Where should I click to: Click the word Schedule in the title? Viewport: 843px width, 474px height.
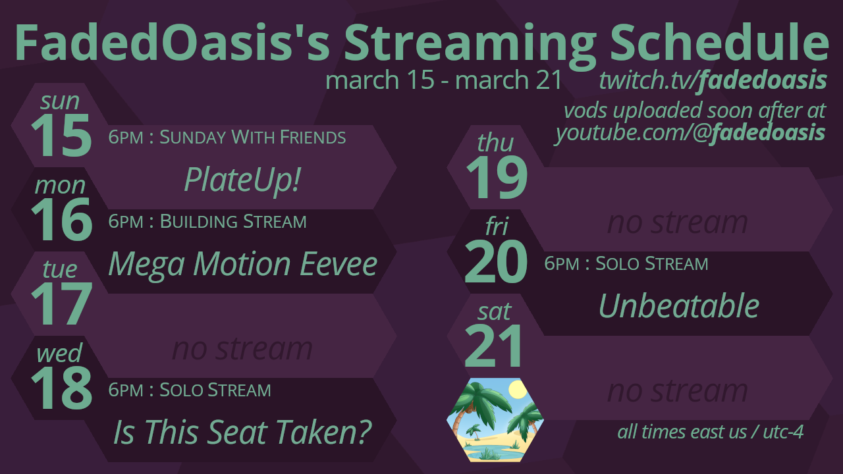coord(719,41)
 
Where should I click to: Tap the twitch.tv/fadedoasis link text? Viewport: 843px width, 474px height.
coord(713,80)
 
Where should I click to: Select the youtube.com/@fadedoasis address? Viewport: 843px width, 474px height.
coord(690,133)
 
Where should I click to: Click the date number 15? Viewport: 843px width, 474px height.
coord(61,136)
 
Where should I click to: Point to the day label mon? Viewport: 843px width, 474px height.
coord(60,185)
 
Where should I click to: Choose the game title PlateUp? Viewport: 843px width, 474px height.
coord(242,180)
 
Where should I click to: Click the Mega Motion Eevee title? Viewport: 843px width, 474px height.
coord(243,265)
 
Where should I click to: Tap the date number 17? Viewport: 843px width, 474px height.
coord(61,304)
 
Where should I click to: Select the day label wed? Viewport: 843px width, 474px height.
coord(59,353)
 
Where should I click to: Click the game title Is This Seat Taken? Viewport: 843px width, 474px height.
coord(242,433)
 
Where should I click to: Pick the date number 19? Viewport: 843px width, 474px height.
coord(497,178)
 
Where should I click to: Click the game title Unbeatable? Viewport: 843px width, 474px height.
coord(678,305)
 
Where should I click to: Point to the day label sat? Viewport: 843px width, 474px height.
coord(495,312)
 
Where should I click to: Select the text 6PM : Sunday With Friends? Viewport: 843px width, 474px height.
coord(227,138)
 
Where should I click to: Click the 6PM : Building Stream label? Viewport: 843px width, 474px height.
coord(207,222)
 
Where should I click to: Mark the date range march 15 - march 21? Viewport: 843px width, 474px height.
coord(444,80)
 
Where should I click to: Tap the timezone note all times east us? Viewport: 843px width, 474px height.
coord(682,432)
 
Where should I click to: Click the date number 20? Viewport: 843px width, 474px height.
coord(496,262)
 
